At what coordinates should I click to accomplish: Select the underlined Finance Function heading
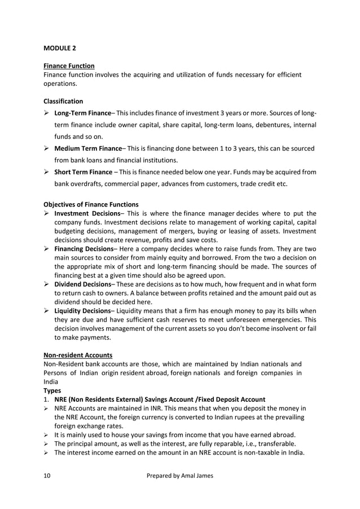[69, 66]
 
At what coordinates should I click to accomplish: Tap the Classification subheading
[63, 102]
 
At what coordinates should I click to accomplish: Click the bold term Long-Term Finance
[82, 113]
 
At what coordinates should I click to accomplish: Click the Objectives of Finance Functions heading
[91, 204]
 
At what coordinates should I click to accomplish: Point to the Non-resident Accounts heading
[78, 355]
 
